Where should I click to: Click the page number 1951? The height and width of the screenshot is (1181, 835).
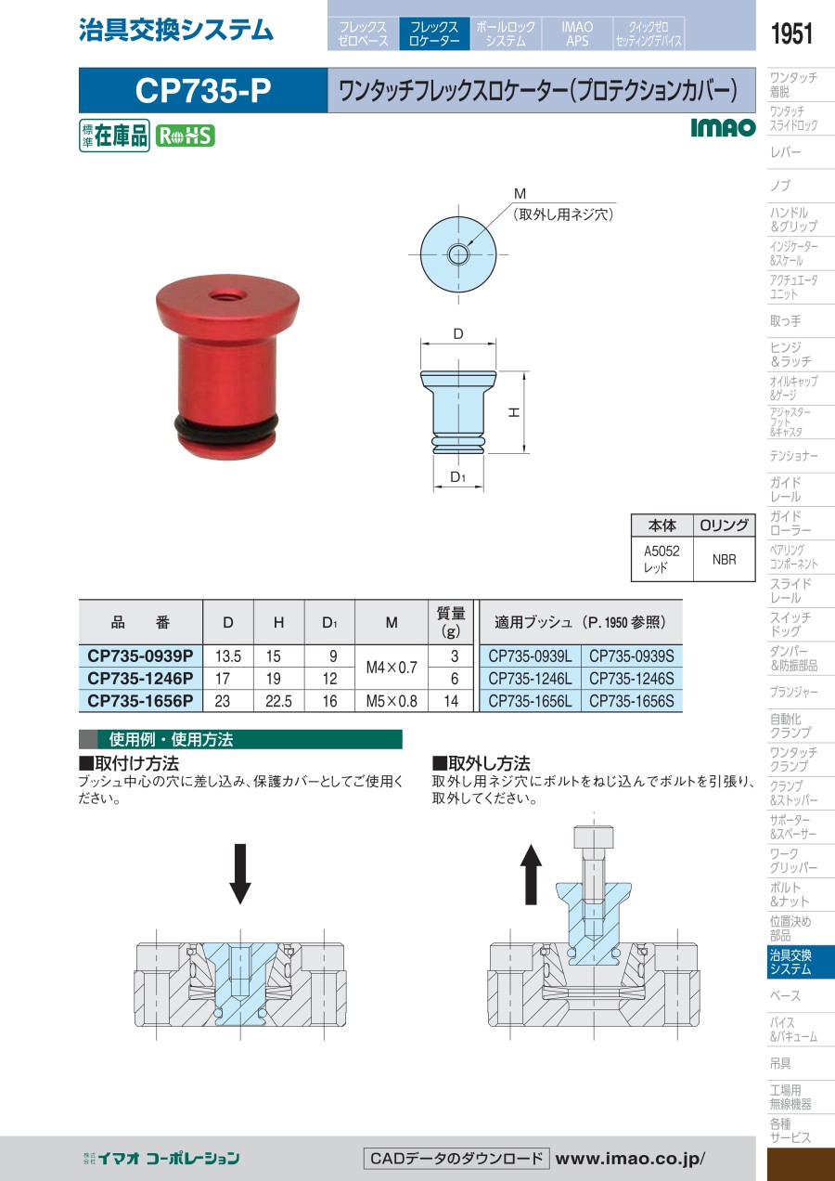(x=791, y=33)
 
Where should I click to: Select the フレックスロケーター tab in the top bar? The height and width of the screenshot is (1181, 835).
(x=434, y=33)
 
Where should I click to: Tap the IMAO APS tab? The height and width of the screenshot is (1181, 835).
(x=577, y=33)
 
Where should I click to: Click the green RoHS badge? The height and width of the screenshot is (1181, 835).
(x=186, y=136)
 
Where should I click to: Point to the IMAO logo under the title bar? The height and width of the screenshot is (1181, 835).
(x=723, y=127)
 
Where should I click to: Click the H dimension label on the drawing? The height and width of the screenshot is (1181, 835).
(x=514, y=412)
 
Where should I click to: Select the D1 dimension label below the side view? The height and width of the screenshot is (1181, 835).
(x=457, y=477)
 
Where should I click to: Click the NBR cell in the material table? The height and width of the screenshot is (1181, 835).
(x=724, y=559)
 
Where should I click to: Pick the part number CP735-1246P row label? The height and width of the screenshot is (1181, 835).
(x=140, y=678)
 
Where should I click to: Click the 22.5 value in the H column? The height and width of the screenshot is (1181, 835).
(x=278, y=701)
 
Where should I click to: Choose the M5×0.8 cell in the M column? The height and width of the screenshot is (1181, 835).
(x=392, y=701)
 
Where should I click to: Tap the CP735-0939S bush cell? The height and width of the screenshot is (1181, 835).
(x=631, y=655)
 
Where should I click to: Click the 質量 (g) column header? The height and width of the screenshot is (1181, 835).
(x=451, y=622)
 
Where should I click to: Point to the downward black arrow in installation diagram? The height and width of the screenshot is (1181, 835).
(x=240, y=874)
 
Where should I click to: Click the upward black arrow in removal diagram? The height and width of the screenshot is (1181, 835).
(x=531, y=875)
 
